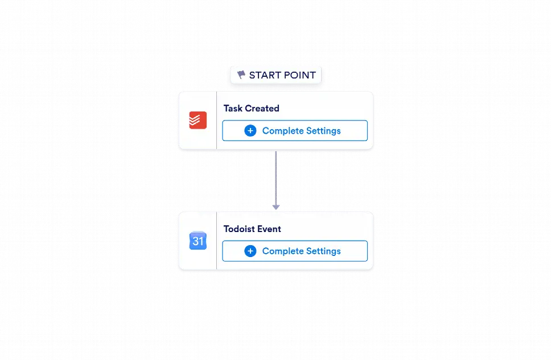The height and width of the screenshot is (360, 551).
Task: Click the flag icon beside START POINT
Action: tap(241, 75)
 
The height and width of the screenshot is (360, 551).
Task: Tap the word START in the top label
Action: tap(265, 75)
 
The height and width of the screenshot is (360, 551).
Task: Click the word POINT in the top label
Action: tap(300, 75)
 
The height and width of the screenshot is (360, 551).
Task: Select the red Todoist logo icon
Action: tap(198, 120)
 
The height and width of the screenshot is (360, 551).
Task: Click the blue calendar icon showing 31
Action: tap(198, 241)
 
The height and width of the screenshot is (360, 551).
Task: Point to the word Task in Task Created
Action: tap(233, 108)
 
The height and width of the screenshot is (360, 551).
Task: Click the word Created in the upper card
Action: tap(262, 108)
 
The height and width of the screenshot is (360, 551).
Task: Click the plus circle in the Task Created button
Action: tap(250, 131)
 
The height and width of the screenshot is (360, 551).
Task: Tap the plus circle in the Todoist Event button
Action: tap(250, 251)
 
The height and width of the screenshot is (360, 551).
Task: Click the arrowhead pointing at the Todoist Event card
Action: tap(276, 207)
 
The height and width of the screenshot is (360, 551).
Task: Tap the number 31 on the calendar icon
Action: tap(198, 241)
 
